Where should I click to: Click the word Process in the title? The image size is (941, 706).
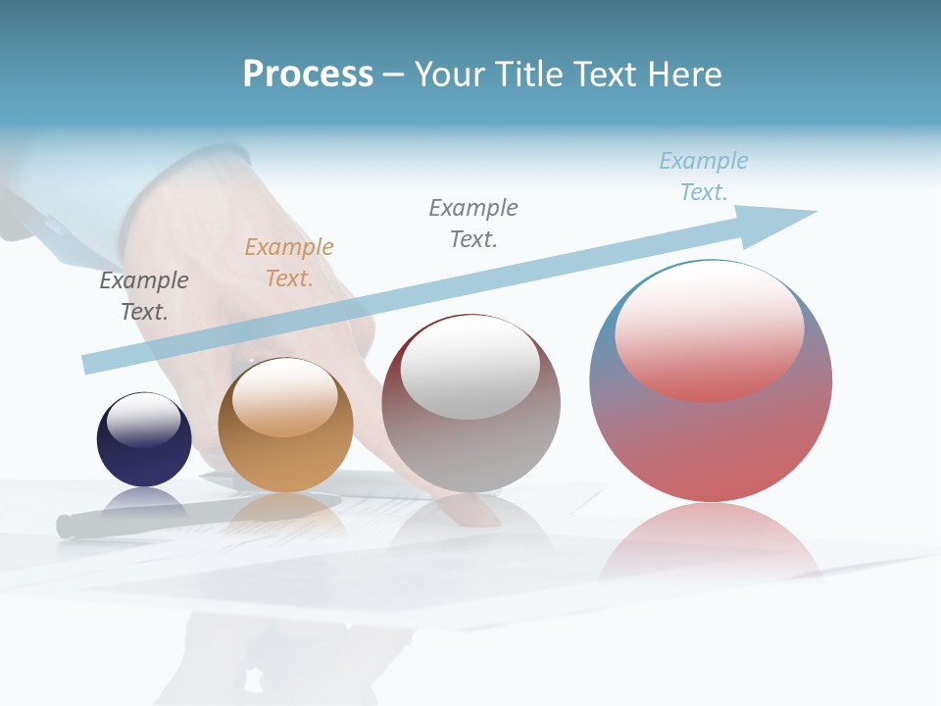[x=308, y=75]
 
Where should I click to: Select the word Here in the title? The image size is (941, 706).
[x=685, y=75]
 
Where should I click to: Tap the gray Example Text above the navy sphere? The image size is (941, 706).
[x=144, y=296]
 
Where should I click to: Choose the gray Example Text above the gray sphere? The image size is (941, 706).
[x=473, y=224]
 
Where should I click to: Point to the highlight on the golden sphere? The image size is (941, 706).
[x=285, y=396]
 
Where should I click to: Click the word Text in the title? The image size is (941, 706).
[x=608, y=75]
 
